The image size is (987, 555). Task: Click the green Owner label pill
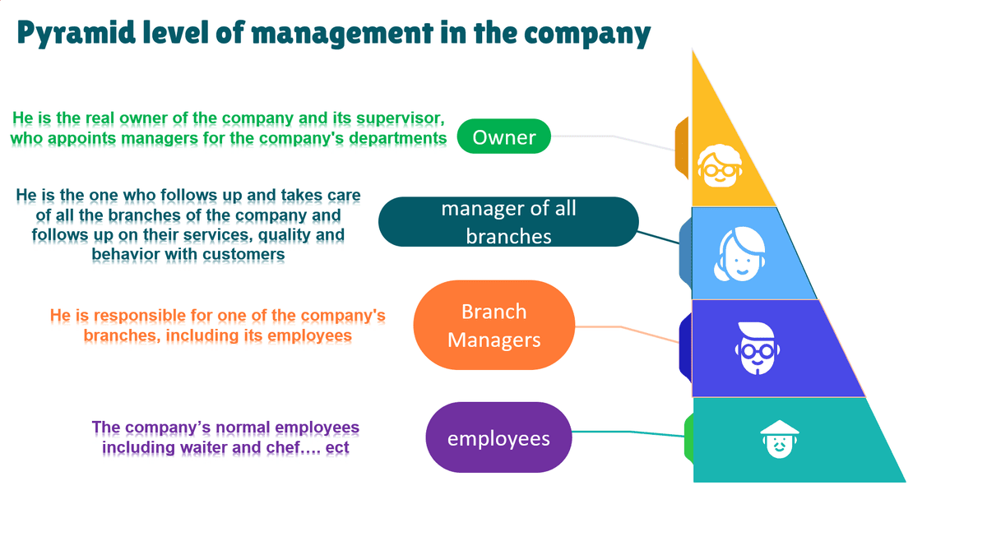tap(503, 136)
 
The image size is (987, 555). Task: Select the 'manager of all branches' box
tap(508, 222)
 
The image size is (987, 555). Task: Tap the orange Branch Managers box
tap(493, 325)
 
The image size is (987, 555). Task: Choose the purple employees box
tap(498, 437)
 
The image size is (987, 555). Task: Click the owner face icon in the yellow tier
tap(719, 164)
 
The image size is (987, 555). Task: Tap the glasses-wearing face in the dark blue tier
tap(755, 348)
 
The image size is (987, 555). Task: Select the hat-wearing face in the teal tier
tap(778, 440)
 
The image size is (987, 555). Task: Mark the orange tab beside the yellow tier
tap(682, 148)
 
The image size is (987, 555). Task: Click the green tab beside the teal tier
tap(689, 437)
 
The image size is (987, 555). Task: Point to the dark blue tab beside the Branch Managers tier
tap(685, 348)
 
